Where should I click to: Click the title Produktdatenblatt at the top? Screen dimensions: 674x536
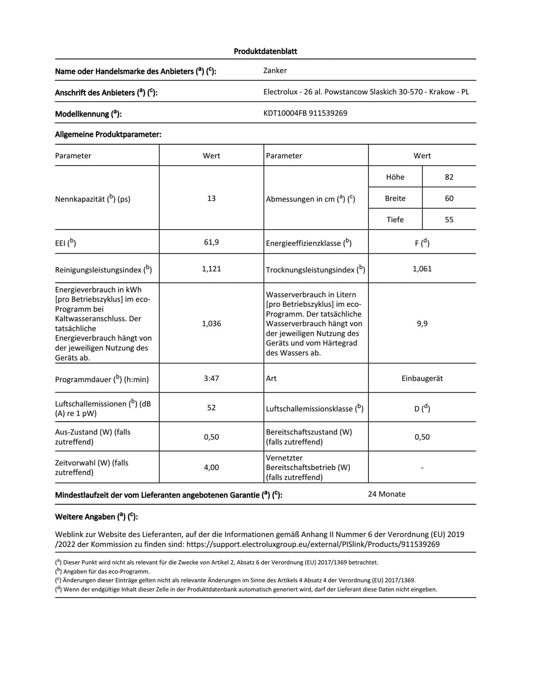[x=265, y=51]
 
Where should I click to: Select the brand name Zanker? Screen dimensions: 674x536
[x=275, y=71]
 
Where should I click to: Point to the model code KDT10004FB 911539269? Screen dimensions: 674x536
[x=305, y=113]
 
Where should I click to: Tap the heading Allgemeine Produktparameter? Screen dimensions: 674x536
[x=108, y=134]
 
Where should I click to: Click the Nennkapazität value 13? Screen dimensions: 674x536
[x=211, y=198]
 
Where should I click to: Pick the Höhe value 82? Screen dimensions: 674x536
[x=449, y=177]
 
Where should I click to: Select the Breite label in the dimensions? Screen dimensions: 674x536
[x=395, y=198]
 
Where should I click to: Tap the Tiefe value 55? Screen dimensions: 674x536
[x=449, y=220]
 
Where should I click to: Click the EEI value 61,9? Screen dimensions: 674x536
[x=211, y=243]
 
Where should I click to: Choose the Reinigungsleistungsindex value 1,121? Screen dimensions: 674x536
[x=211, y=269]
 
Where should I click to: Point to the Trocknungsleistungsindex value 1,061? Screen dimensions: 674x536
[x=422, y=269]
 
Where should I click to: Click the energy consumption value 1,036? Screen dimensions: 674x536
[x=211, y=323]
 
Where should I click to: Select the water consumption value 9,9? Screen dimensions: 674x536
[x=422, y=323]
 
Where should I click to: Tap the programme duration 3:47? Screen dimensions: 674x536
[x=211, y=378]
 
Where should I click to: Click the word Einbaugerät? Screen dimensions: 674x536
[x=422, y=378]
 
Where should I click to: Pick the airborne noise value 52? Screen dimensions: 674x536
[x=211, y=408]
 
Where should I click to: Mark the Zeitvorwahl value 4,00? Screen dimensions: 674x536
[x=211, y=467]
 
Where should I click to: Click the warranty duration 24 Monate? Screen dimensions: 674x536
[x=386, y=494]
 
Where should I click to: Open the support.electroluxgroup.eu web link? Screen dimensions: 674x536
[x=313, y=544]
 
